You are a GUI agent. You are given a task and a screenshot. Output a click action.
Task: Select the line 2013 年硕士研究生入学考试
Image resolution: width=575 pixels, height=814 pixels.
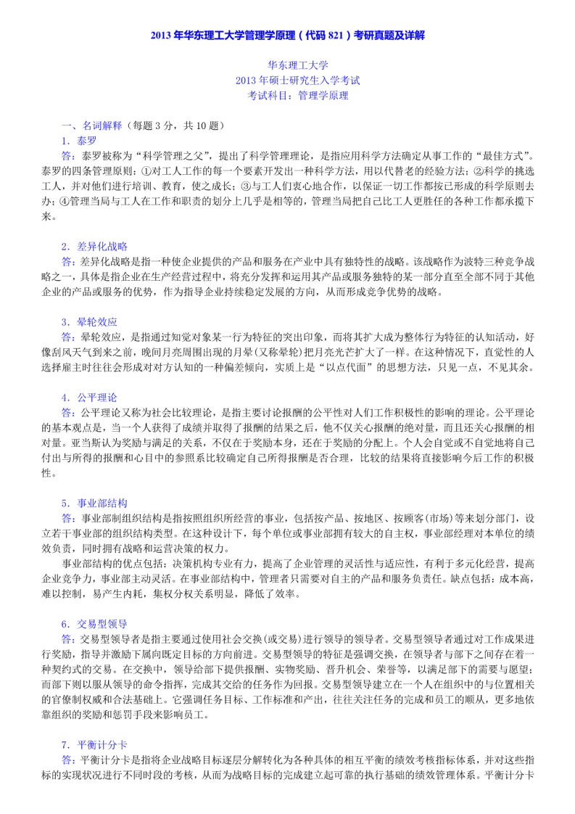[288, 81]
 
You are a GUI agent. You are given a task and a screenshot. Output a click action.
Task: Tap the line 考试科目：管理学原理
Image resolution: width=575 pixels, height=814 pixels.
[288, 95]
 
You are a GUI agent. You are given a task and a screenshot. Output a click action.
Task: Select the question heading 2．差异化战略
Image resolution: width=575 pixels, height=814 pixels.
[94, 246]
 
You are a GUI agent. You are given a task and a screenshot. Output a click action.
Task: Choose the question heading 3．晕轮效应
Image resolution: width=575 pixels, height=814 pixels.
[89, 321]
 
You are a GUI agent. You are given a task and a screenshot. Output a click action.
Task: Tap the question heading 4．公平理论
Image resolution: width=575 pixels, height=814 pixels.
[89, 397]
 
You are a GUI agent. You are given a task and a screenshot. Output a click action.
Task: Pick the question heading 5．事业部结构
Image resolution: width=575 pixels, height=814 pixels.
[94, 502]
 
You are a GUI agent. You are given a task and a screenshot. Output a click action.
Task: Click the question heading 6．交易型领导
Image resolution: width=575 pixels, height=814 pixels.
[94, 623]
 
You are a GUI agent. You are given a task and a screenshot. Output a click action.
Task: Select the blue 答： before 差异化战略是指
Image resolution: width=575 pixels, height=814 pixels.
[70, 261]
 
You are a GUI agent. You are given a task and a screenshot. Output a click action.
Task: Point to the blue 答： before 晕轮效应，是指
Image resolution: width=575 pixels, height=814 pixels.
[70, 337]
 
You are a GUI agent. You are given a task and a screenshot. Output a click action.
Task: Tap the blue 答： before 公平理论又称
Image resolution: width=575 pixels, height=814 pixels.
[70, 412]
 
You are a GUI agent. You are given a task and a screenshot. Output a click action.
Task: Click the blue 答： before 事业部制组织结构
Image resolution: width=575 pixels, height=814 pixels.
[70, 517]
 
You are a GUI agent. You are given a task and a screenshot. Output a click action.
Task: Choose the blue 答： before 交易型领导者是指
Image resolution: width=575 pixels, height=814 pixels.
[70, 638]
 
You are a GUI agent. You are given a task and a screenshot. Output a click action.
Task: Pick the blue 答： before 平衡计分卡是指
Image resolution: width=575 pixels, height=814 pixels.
[70, 759]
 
